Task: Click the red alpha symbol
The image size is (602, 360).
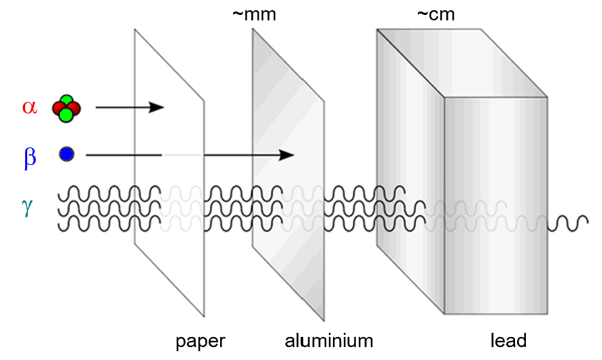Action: coord(29,107)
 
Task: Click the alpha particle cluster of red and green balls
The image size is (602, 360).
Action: coord(66,108)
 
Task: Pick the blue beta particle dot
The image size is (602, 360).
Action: coord(66,155)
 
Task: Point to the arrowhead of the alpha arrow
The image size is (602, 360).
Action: coord(158,107)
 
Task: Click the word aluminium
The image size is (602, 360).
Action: coord(329,339)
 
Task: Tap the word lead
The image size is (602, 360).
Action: coord(508,339)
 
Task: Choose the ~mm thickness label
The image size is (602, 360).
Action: coord(253,14)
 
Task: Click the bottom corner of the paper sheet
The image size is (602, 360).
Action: coord(204,316)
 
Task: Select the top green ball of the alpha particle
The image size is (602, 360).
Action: coord(67,101)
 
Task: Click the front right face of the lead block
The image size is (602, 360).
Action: coord(496,204)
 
